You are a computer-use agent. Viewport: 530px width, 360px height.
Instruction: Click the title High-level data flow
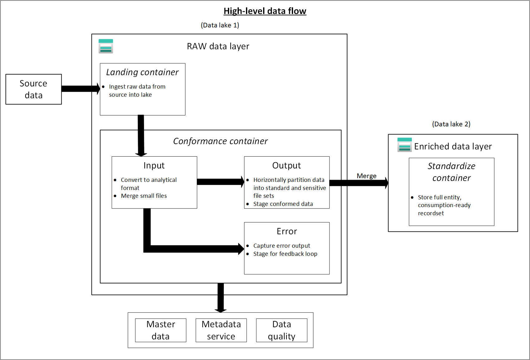[265, 11]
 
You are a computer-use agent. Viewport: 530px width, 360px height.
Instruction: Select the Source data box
[34, 89]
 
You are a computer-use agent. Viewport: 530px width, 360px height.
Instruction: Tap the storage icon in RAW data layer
[106, 46]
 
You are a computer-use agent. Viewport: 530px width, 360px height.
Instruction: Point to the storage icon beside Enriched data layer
[405, 145]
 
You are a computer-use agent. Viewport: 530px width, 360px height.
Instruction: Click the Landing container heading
[142, 72]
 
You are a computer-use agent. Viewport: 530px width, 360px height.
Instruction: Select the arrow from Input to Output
[220, 182]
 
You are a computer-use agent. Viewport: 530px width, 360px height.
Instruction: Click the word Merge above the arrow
[366, 176]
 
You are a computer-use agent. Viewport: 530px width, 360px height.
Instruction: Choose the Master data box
[161, 330]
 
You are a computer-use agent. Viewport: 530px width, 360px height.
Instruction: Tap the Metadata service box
[221, 330]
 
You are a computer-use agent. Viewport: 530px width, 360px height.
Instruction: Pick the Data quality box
[282, 330]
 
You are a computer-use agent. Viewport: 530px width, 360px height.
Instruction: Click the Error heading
[287, 231]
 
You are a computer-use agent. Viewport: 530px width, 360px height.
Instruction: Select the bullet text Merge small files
[144, 196]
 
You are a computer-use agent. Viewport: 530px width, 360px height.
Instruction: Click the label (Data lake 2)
[451, 124]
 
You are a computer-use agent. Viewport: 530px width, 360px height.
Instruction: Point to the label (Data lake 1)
[220, 25]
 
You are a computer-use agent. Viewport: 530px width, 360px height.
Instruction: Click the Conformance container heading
[220, 141]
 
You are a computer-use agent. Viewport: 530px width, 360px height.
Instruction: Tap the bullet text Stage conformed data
[283, 204]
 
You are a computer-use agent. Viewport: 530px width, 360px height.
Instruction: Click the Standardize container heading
[451, 172]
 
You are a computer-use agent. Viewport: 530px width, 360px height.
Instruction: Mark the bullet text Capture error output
[282, 246]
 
